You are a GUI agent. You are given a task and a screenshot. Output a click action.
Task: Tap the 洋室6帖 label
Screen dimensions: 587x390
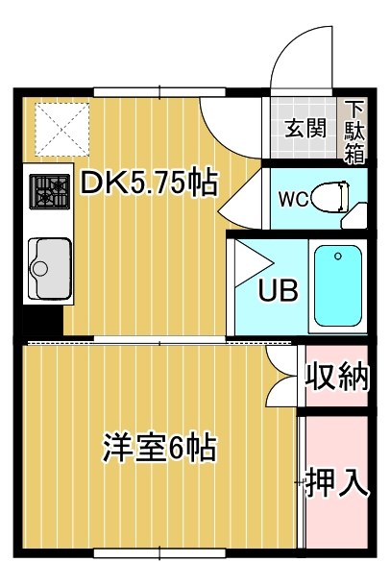click(159, 449)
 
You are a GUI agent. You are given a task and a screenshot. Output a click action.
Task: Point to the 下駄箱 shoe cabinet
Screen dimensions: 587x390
click(354, 130)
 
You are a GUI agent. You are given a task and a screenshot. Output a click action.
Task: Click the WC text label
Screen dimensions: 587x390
click(292, 201)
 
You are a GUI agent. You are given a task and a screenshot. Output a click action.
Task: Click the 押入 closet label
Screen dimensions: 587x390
click(336, 483)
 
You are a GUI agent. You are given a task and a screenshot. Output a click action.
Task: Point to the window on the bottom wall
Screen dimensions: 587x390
click(158, 553)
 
